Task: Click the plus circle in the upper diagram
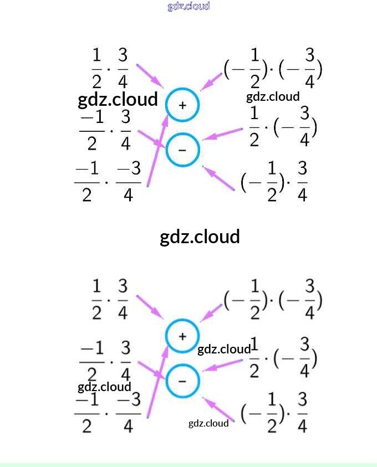[x=182, y=105]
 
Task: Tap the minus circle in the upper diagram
[x=182, y=150]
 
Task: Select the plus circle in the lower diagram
[x=182, y=336]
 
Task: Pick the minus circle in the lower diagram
[x=182, y=381]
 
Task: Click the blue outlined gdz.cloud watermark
[x=188, y=6]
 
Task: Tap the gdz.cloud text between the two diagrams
[x=200, y=237]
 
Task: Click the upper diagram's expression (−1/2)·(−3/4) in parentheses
[x=273, y=69]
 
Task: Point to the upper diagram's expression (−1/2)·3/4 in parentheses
[x=274, y=182]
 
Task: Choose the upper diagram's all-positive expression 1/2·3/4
[x=110, y=69]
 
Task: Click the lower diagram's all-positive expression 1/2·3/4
[x=110, y=300]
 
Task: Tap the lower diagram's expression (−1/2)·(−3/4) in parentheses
[x=273, y=300]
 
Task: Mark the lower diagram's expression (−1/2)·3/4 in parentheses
[x=274, y=413]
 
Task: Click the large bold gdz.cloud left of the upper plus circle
[x=118, y=100]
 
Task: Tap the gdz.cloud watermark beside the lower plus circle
[x=224, y=349]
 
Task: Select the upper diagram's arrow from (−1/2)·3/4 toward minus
[x=220, y=178]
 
